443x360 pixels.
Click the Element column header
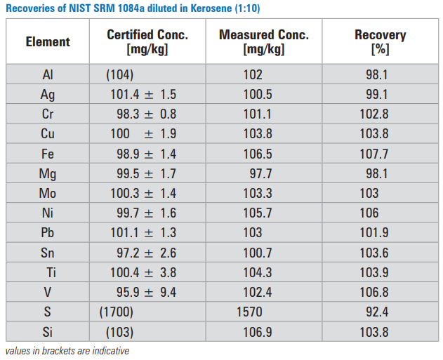click(x=48, y=41)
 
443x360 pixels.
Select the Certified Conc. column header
click(x=147, y=41)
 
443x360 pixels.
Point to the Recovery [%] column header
click(x=380, y=41)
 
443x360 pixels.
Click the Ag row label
click(x=48, y=95)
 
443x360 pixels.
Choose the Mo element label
click(x=48, y=193)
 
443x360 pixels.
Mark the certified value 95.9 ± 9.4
click(x=146, y=291)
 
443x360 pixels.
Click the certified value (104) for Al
click(x=119, y=75)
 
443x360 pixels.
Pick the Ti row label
click(x=51, y=272)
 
